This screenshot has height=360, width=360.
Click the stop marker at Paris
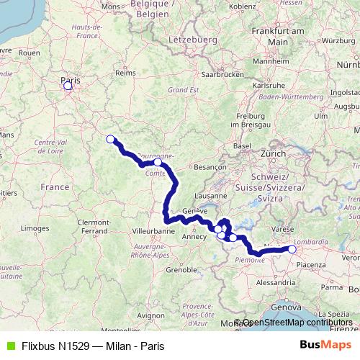[68, 86]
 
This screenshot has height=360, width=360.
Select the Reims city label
[126, 73]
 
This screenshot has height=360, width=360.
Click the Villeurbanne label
[153, 233]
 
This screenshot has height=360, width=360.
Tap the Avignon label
[150, 315]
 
